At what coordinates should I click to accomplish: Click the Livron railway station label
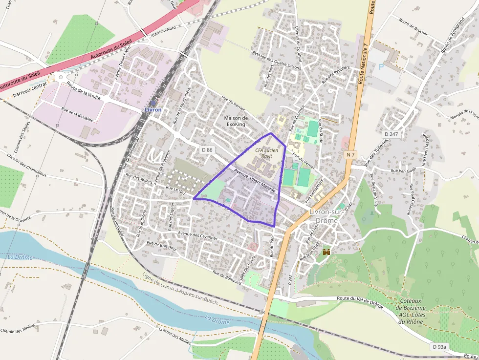click(153, 110)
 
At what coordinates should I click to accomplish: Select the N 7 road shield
click(349, 154)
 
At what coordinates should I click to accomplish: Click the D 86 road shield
click(207, 150)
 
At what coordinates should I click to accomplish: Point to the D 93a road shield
click(439, 346)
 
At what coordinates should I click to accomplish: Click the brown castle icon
click(327, 252)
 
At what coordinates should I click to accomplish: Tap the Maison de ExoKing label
click(236, 121)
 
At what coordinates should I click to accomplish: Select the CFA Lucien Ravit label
click(266, 153)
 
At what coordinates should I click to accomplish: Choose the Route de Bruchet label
click(413, 28)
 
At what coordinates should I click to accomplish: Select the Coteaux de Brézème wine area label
click(413, 311)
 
